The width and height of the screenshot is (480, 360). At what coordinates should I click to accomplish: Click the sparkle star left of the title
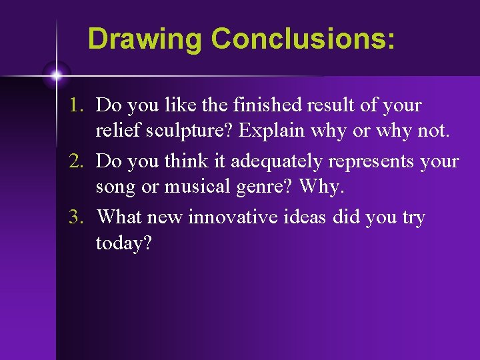[x=57, y=75]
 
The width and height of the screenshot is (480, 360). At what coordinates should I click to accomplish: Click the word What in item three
[x=118, y=217]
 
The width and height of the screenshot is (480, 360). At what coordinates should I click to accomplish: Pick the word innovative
[x=228, y=217]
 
